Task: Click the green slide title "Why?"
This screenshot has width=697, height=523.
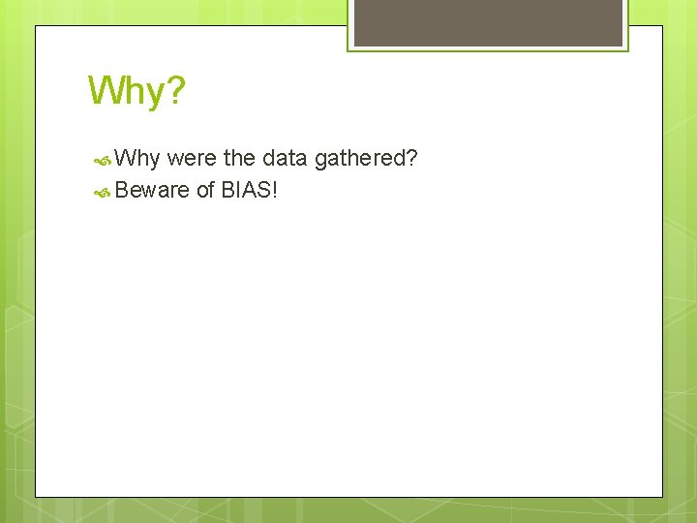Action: point(136,91)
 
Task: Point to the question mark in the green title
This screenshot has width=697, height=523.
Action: point(174,91)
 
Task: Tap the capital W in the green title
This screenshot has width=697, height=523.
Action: point(105,91)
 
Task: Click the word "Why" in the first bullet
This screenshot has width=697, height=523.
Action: point(136,158)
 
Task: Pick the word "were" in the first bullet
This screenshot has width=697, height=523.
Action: point(192,158)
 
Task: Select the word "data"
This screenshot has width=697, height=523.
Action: point(285,158)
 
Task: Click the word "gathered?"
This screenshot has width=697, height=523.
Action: point(365,158)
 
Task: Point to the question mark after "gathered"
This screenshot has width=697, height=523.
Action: point(412,158)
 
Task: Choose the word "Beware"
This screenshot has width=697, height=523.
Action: point(152,190)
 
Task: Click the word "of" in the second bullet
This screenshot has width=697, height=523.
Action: point(205,190)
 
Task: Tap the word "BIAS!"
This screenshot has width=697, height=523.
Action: point(250,190)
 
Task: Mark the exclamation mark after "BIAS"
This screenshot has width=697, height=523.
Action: point(275,190)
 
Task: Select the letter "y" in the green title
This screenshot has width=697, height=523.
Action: point(152,95)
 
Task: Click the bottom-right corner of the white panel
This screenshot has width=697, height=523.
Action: point(662,497)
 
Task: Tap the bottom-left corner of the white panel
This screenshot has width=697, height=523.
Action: point(36,497)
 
